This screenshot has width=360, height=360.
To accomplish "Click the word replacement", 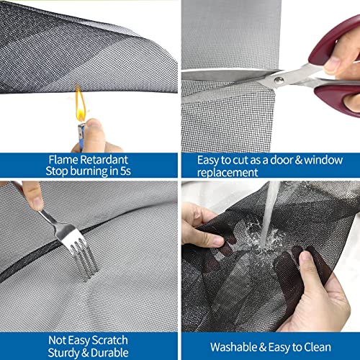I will [227, 173].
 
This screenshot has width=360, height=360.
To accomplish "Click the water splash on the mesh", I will [265, 238].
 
